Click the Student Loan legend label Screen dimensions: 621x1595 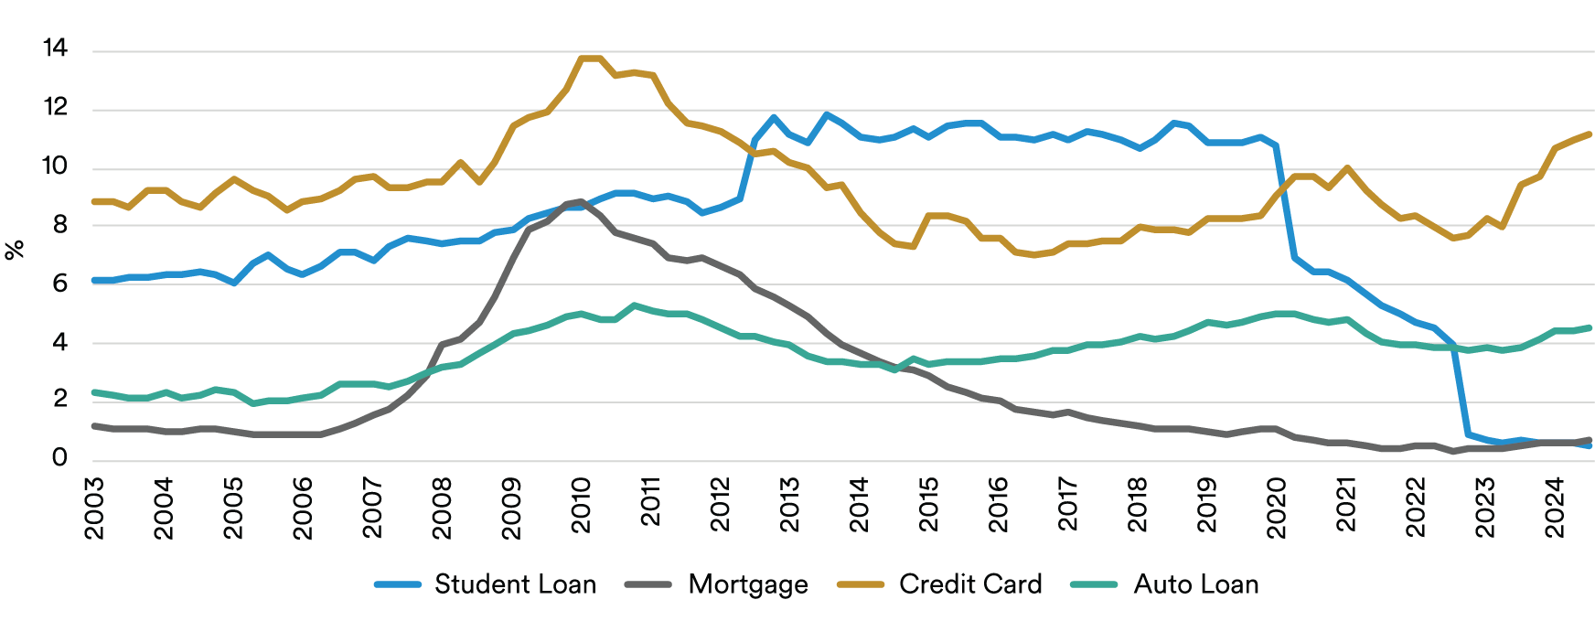515,584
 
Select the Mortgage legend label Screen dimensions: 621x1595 748,584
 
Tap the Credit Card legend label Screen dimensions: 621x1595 970,584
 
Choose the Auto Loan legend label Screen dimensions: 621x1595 1196,584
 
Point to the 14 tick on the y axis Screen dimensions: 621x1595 56,48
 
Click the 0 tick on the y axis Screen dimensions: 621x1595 60,458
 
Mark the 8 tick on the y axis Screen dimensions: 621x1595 60,225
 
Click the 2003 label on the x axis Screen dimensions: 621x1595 94,508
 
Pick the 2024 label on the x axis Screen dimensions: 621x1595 1555,508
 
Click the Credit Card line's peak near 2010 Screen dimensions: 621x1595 590,59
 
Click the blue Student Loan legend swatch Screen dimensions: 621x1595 398,584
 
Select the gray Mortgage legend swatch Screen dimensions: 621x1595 648,584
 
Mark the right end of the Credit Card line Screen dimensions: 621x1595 1590,134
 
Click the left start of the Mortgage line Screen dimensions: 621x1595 94,425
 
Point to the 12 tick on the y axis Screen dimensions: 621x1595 56,108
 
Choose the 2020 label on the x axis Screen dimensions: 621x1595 1277,508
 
